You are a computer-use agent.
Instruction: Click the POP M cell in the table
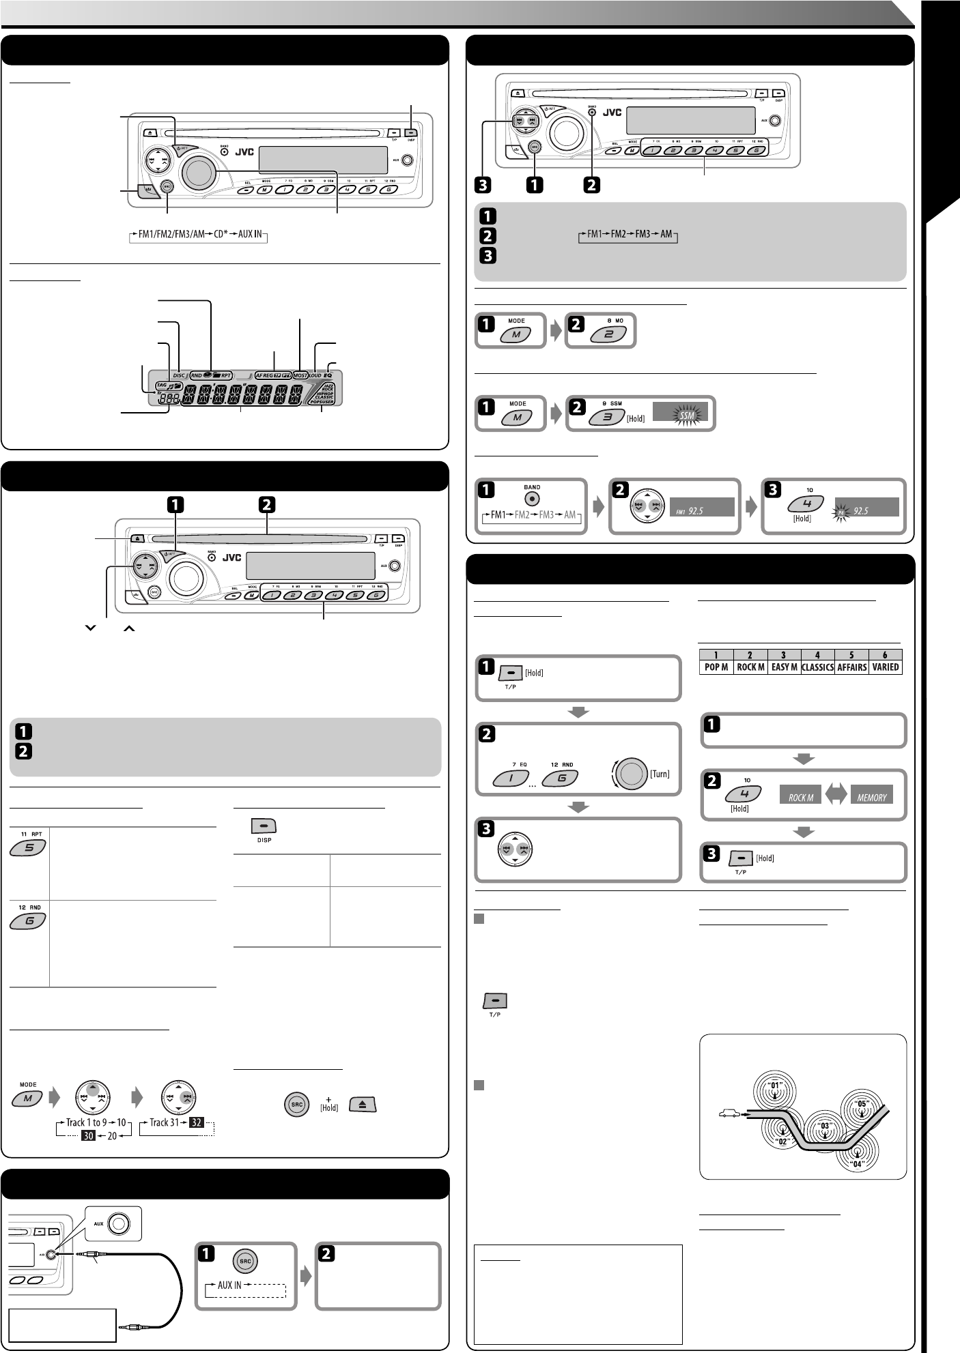click(x=716, y=667)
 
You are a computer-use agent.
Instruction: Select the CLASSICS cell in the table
click(x=817, y=667)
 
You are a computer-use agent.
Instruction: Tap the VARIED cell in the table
click(x=885, y=667)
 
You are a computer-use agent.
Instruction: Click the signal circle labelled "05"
click(x=861, y=1103)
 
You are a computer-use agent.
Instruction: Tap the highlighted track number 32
click(x=197, y=1122)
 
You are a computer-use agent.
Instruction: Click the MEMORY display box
click(x=871, y=796)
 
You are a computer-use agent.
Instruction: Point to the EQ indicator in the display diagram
click(x=328, y=375)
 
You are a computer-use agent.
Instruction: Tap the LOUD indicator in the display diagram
click(x=315, y=375)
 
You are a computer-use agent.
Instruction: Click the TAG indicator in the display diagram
click(x=161, y=385)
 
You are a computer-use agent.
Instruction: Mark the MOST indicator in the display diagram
click(x=300, y=375)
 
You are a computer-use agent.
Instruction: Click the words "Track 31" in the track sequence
click(x=167, y=1122)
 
